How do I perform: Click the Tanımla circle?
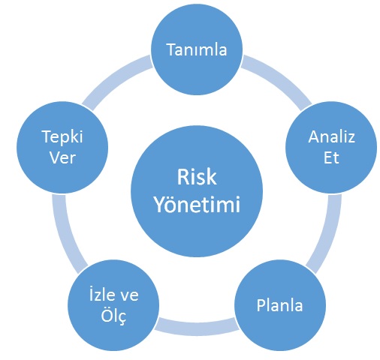[x=197, y=49]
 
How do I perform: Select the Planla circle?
[x=280, y=305]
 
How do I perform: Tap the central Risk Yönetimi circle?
[x=197, y=191]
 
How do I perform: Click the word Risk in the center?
[x=197, y=177]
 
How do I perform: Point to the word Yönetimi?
[x=197, y=204]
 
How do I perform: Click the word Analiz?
[x=331, y=136]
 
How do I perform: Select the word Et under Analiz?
[x=331, y=157]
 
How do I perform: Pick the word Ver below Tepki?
[x=62, y=157]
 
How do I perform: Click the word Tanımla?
[x=197, y=49]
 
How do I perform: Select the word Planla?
[x=279, y=305]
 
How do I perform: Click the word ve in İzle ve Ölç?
[x=129, y=295]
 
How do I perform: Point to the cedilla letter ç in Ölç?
[x=121, y=318]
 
